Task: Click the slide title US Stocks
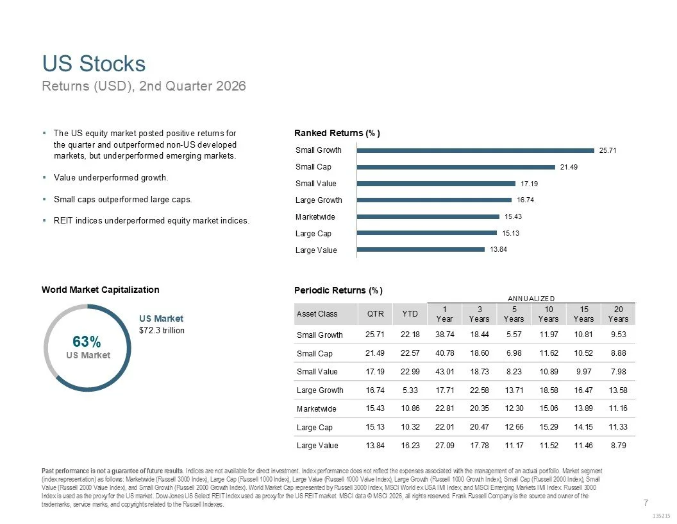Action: tap(94, 64)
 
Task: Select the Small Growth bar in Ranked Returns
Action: tap(475, 150)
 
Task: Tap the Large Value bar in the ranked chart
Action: tap(421, 249)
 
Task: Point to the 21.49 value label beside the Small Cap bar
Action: tap(569, 167)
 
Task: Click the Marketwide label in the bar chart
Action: tap(315, 216)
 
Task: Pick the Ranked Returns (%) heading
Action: tap(337, 133)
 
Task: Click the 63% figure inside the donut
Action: tap(87, 342)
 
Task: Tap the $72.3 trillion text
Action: tap(162, 330)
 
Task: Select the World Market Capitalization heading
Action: tap(100, 290)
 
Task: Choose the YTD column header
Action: tap(410, 314)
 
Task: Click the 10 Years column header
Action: tap(548, 314)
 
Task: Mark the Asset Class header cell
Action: tap(317, 314)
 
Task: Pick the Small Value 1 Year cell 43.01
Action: tap(445, 371)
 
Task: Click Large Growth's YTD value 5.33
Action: tap(410, 390)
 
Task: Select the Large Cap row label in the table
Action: tap(314, 427)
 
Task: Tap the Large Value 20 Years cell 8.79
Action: tap(618, 445)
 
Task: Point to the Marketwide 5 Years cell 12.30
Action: tap(514, 408)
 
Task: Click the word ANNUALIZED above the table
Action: tap(531, 299)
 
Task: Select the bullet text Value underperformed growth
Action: tap(111, 178)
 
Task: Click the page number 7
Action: tap(646, 503)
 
